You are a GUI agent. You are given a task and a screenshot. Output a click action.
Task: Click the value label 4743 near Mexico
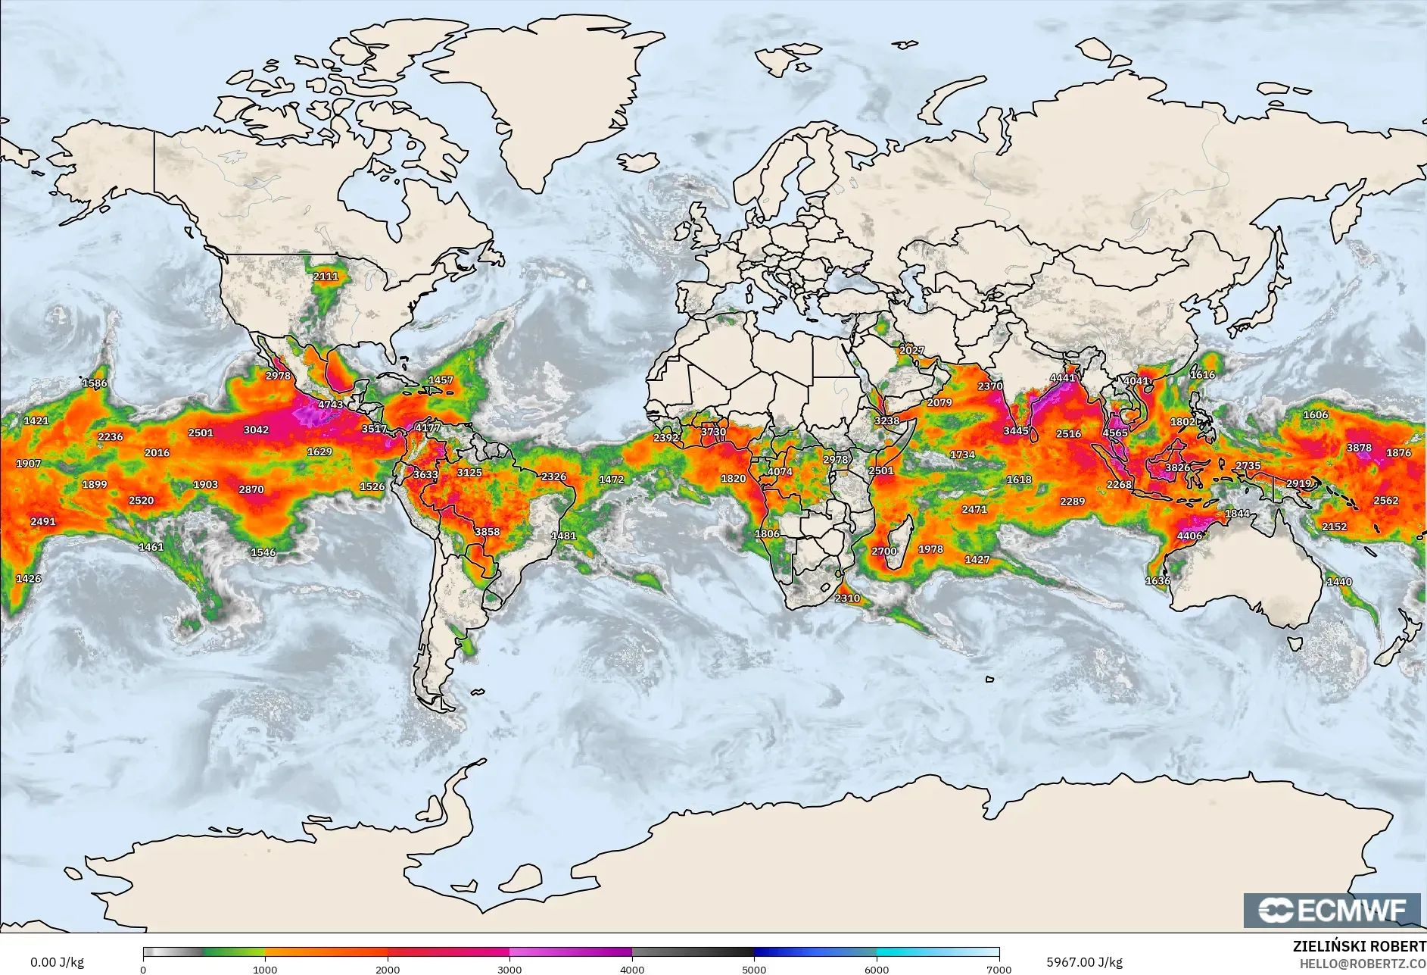(x=330, y=405)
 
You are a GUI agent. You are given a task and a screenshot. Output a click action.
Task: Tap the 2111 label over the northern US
(x=326, y=277)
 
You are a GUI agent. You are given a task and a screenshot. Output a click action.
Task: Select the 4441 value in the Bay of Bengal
(x=1063, y=378)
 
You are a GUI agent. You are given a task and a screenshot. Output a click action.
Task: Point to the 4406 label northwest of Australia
(x=1189, y=536)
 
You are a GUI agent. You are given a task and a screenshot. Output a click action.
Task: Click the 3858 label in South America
(x=487, y=532)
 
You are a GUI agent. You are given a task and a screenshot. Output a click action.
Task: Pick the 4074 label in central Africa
(x=780, y=471)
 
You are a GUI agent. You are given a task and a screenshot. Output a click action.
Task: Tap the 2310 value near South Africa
(x=847, y=598)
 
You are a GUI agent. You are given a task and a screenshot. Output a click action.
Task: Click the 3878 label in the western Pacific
(x=1359, y=448)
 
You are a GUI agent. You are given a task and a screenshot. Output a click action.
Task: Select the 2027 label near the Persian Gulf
(x=911, y=350)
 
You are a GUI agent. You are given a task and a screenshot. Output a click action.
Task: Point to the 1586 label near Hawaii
(x=95, y=383)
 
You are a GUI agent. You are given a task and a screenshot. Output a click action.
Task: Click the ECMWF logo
(x=1332, y=910)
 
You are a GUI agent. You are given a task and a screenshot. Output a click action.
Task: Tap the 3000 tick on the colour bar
(x=509, y=969)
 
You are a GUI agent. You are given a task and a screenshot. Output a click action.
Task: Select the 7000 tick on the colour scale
(x=999, y=969)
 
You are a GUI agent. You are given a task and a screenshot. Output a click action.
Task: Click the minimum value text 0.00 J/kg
(x=57, y=962)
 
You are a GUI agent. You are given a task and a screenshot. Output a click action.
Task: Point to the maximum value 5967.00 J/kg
(x=1084, y=962)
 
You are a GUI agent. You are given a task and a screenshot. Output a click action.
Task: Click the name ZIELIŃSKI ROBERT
(x=1359, y=946)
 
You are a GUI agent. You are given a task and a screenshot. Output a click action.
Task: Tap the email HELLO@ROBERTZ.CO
(x=1363, y=964)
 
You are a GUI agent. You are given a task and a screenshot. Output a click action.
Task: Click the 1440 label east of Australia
(x=1339, y=582)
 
